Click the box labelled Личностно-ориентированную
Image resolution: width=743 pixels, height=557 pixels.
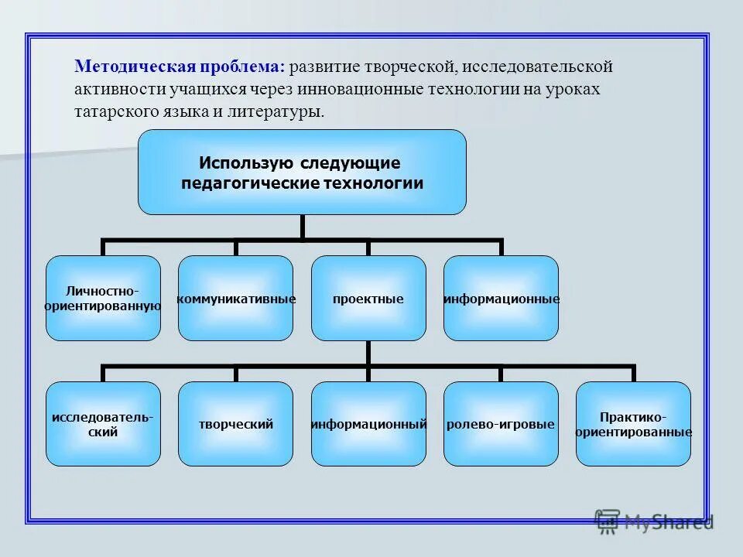[x=103, y=298]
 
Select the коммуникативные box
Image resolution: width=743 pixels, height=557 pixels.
[x=235, y=298]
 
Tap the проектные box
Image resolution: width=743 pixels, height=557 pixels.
[x=368, y=298]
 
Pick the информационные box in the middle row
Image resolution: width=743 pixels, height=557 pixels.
[x=501, y=298]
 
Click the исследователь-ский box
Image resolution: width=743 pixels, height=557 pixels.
[x=103, y=424]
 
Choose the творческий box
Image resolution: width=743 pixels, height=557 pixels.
[x=235, y=424]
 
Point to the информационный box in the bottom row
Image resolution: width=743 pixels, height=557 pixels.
[x=368, y=424]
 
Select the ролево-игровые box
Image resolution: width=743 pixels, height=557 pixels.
[x=501, y=424]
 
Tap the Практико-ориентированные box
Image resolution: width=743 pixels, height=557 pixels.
[x=633, y=424]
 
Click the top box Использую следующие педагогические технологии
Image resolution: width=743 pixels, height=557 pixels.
[x=302, y=172]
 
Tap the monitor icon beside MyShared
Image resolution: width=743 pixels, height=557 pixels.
[x=608, y=522]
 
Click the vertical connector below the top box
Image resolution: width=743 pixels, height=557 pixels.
[x=302, y=227]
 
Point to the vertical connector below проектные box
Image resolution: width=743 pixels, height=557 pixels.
[x=368, y=353]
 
